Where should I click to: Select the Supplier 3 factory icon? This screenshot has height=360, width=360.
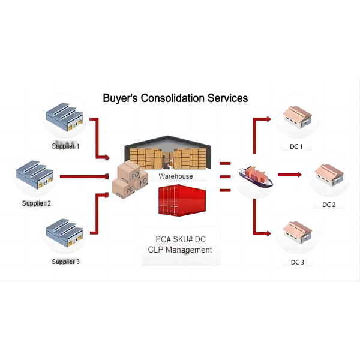(64, 232)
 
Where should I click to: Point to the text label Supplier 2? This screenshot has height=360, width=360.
(37, 203)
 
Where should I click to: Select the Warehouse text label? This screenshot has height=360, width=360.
(176, 176)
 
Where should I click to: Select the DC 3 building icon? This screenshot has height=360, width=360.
(296, 232)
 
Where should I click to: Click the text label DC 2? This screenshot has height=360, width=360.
(329, 205)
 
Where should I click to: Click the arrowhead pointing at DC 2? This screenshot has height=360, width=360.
(298, 175)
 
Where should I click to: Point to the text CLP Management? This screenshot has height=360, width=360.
(180, 250)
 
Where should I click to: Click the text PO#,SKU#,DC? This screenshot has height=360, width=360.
(180, 238)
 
